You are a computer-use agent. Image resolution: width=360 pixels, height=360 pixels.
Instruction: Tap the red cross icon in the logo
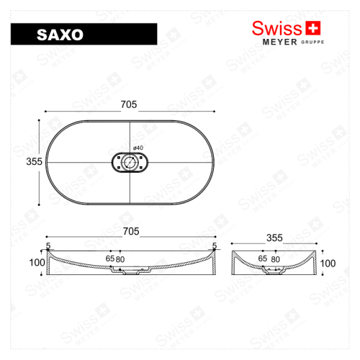[x=312, y=28]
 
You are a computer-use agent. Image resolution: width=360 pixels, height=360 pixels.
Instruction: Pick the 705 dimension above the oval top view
[x=130, y=104]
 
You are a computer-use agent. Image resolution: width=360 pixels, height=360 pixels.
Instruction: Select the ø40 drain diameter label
[x=138, y=148]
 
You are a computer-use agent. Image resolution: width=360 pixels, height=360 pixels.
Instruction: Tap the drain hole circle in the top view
[x=130, y=163]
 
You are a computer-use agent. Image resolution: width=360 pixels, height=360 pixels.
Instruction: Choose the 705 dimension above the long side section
[x=130, y=232]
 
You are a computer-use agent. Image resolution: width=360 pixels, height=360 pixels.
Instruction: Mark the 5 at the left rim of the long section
[x=48, y=246]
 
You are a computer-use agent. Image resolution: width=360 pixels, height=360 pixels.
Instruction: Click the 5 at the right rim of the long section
[x=214, y=246]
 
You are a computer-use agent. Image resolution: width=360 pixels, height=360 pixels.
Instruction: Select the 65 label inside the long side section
[x=110, y=258]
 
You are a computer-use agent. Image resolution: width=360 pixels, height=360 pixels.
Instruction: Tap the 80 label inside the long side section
[x=121, y=258]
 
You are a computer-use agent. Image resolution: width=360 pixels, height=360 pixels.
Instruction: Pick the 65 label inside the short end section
[x=264, y=257]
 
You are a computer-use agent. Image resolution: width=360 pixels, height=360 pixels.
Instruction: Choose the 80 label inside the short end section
[x=276, y=257]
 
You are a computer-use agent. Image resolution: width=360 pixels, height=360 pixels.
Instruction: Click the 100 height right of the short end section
[x=328, y=264]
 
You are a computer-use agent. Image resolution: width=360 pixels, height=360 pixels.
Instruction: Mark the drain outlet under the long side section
[x=130, y=273]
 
